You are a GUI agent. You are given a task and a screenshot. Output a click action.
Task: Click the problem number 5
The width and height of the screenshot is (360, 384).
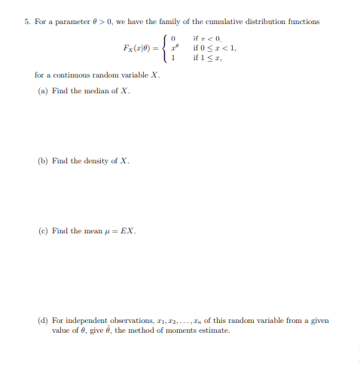(x=26, y=21)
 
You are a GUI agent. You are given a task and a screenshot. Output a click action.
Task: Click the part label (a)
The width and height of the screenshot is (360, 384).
(x=43, y=90)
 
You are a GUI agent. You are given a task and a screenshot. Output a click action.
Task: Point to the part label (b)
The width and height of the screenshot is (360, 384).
(x=43, y=160)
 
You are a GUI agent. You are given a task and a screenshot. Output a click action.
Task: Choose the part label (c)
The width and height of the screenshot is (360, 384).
(x=43, y=230)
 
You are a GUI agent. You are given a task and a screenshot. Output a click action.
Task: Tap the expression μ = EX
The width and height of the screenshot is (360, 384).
(x=121, y=230)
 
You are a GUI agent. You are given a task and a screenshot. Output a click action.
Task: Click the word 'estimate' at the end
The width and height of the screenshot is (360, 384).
(x=215, y=330)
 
